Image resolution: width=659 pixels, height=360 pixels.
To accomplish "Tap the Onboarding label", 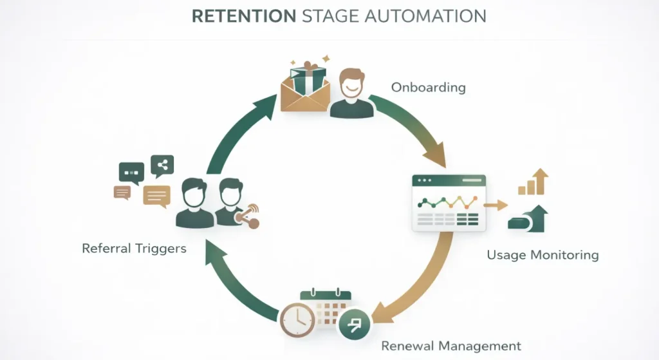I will coord(428,88).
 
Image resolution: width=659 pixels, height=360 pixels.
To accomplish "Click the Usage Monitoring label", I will coord(543,255).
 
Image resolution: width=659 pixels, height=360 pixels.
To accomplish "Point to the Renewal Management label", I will coord(451,346).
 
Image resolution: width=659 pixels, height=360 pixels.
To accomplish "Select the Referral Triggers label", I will coord(134,248).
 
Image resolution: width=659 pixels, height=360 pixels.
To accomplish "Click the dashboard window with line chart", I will coord(449,202).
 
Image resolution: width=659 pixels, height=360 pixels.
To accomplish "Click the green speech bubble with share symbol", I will coord(162,166).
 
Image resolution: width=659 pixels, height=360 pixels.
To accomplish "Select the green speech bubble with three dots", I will coord(131,173).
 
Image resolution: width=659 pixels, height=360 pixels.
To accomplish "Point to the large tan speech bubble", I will coord(157,195).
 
